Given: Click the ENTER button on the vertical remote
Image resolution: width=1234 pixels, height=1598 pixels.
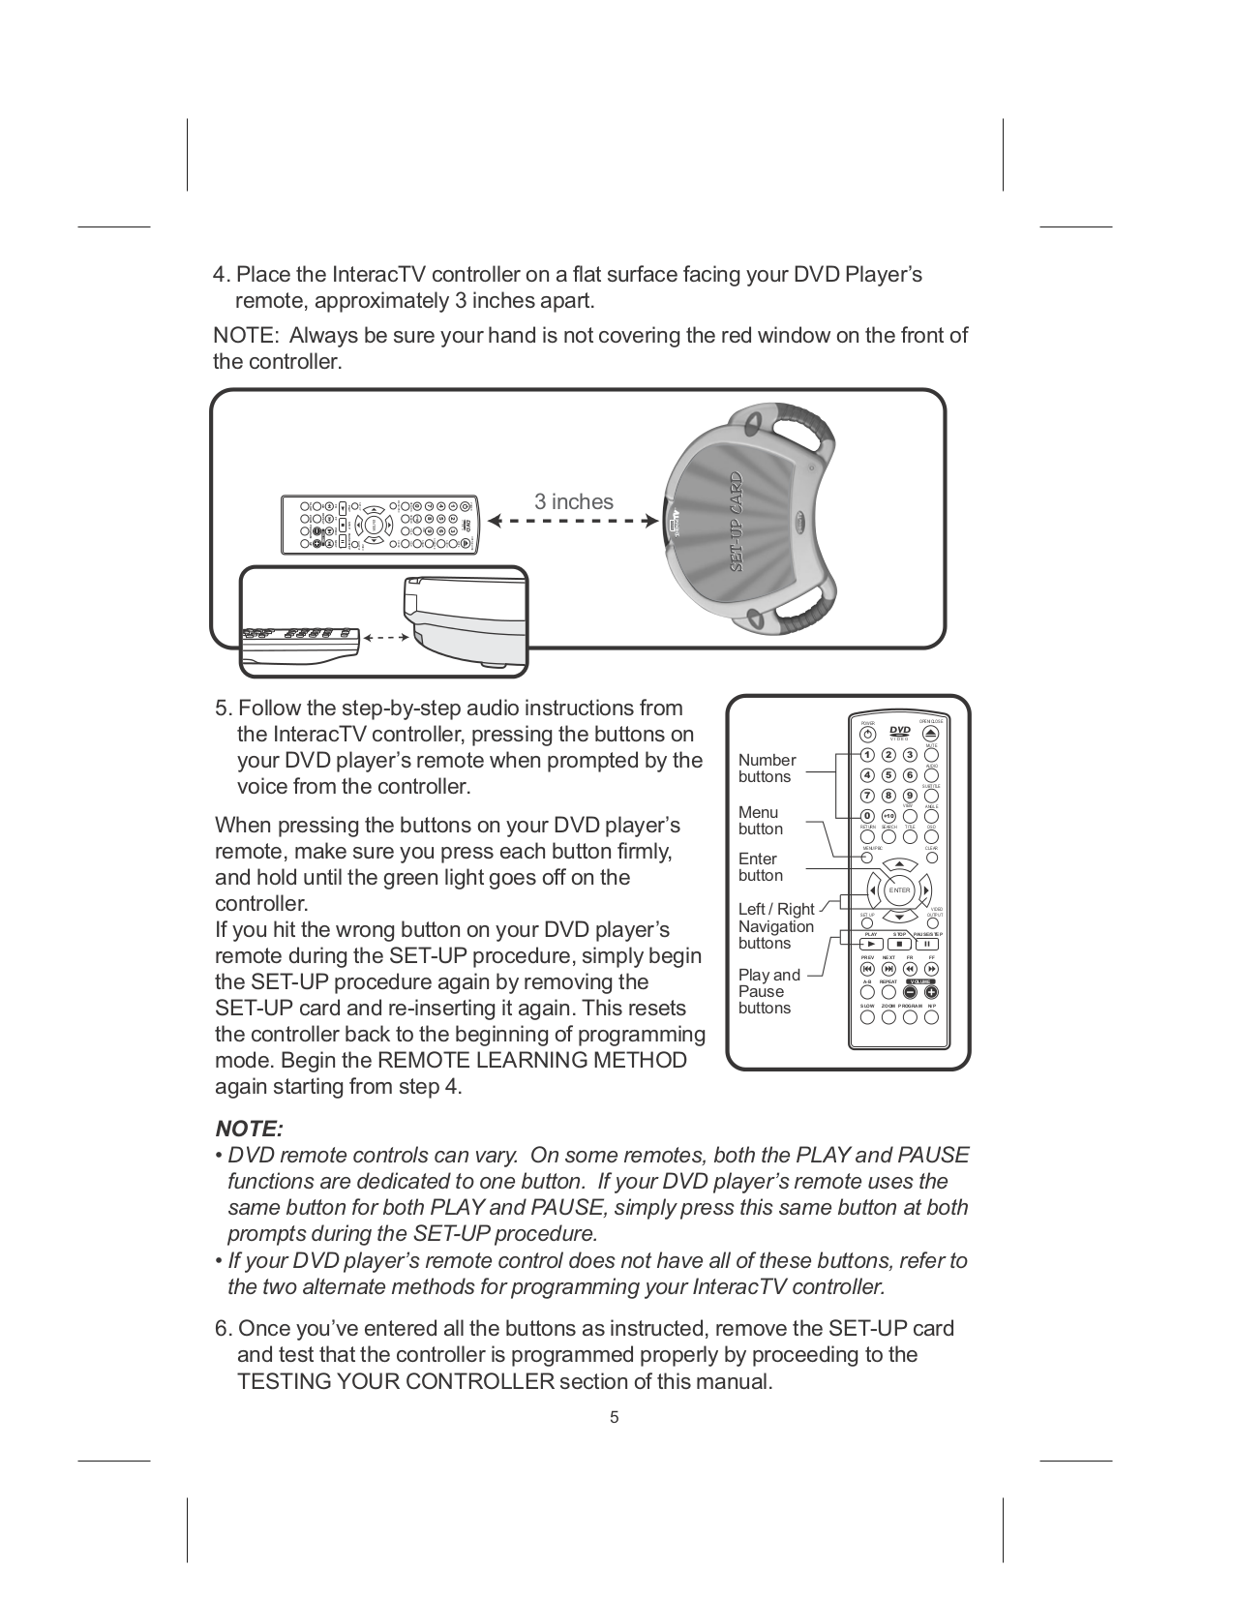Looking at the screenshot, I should point(900,889).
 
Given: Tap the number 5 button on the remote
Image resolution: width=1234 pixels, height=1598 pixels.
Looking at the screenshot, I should point(888,775).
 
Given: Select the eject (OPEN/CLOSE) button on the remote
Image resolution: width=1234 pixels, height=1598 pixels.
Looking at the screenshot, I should point(931,734).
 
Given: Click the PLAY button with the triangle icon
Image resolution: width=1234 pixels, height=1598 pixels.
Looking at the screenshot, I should point(869,945).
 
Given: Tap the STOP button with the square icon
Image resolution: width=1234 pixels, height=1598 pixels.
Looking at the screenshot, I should point(899,945).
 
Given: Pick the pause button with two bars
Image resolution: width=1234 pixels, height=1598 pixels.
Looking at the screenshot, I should point(927,945).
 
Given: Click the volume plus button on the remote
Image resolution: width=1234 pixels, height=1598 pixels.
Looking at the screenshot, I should point(931,991).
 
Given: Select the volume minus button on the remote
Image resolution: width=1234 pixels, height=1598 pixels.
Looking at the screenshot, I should point(911,991).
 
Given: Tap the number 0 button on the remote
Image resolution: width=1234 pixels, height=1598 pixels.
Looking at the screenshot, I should point(867,816).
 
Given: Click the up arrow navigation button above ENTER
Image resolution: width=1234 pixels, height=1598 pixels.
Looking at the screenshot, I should point(900,864).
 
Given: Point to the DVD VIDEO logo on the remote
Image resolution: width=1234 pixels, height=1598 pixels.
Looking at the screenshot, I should point(900,732).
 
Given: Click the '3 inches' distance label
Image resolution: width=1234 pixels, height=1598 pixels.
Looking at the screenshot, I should point(574,501).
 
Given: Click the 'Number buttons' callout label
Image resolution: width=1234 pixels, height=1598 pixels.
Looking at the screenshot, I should point(767,769).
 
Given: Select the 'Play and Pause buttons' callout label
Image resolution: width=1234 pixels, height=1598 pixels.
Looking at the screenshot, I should point(768,991).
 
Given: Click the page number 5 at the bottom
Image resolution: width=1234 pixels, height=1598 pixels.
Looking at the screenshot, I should point(614,1418).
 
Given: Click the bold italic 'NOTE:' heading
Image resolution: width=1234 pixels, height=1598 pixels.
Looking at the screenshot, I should point(249,1129).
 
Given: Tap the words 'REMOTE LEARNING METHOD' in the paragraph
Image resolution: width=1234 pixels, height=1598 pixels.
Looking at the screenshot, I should point(531,1060).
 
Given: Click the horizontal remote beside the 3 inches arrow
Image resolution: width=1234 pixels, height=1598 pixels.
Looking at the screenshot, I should point(380,526).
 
